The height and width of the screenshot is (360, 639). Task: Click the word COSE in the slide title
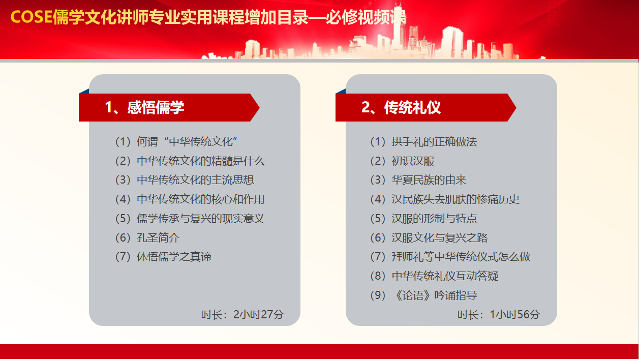click(32, 17)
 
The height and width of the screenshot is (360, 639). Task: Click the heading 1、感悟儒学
click(144, 108)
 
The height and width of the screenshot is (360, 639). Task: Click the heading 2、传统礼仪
click(401, 108)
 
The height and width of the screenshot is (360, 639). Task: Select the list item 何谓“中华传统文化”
click(187, 142)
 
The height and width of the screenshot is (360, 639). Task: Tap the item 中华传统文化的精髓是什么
click(200, 161)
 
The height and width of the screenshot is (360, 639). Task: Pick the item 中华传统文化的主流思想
click(195, 180)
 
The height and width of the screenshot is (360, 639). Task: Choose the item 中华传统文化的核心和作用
click(200, 199)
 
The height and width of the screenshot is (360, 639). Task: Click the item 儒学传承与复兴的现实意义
click(200, 219)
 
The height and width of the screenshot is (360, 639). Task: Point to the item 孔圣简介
click(158, 238)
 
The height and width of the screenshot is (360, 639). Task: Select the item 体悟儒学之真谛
click(174, 257)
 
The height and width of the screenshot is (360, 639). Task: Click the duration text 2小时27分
click(258, 314)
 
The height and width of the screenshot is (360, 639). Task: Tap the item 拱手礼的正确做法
click(434, 142)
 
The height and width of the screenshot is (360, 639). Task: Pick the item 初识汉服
click(413, 161)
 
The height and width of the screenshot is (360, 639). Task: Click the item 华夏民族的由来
click(429, 180)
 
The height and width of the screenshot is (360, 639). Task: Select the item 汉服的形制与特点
click(434, 219)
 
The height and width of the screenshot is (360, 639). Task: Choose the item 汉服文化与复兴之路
click(440, 238)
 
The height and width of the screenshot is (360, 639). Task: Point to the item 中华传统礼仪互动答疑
click(445, 276)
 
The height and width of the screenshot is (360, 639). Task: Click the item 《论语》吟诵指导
click(434, 295)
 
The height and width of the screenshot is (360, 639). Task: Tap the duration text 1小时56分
click(515, 314)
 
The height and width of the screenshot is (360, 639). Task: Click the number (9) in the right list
click(378, 295)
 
